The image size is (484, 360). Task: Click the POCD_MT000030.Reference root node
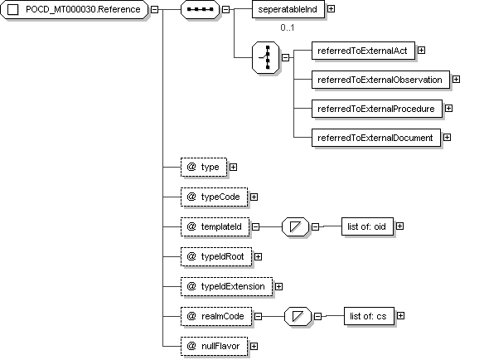pos(75,10)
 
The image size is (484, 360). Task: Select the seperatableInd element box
pos(288,9)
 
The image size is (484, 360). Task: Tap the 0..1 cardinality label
pos(288,27)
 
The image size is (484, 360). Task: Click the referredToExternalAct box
pos(363,51)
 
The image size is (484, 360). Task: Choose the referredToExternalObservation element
pos(380,80)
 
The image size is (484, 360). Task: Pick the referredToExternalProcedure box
pos(377,109)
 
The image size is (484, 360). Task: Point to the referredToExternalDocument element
pos(376,138)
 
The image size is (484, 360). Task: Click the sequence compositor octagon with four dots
pos(200,10)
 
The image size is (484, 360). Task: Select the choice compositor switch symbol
pos(265,57)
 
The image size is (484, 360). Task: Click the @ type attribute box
pos(204,168)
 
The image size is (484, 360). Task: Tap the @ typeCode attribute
pos(214,197)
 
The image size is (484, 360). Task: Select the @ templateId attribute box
pos(215,226)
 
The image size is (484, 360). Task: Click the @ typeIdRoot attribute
pos(216,257)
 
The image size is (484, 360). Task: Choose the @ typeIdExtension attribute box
pos(226,286)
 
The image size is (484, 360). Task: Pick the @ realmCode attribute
pos(216,316)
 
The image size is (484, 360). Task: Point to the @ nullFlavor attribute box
pos(214,347)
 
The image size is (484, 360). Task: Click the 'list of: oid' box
pos(367,226)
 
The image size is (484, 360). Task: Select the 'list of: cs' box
pos(369,316)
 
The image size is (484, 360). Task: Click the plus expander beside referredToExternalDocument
pos(447,137)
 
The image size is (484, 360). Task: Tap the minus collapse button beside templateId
pos(255,226)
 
